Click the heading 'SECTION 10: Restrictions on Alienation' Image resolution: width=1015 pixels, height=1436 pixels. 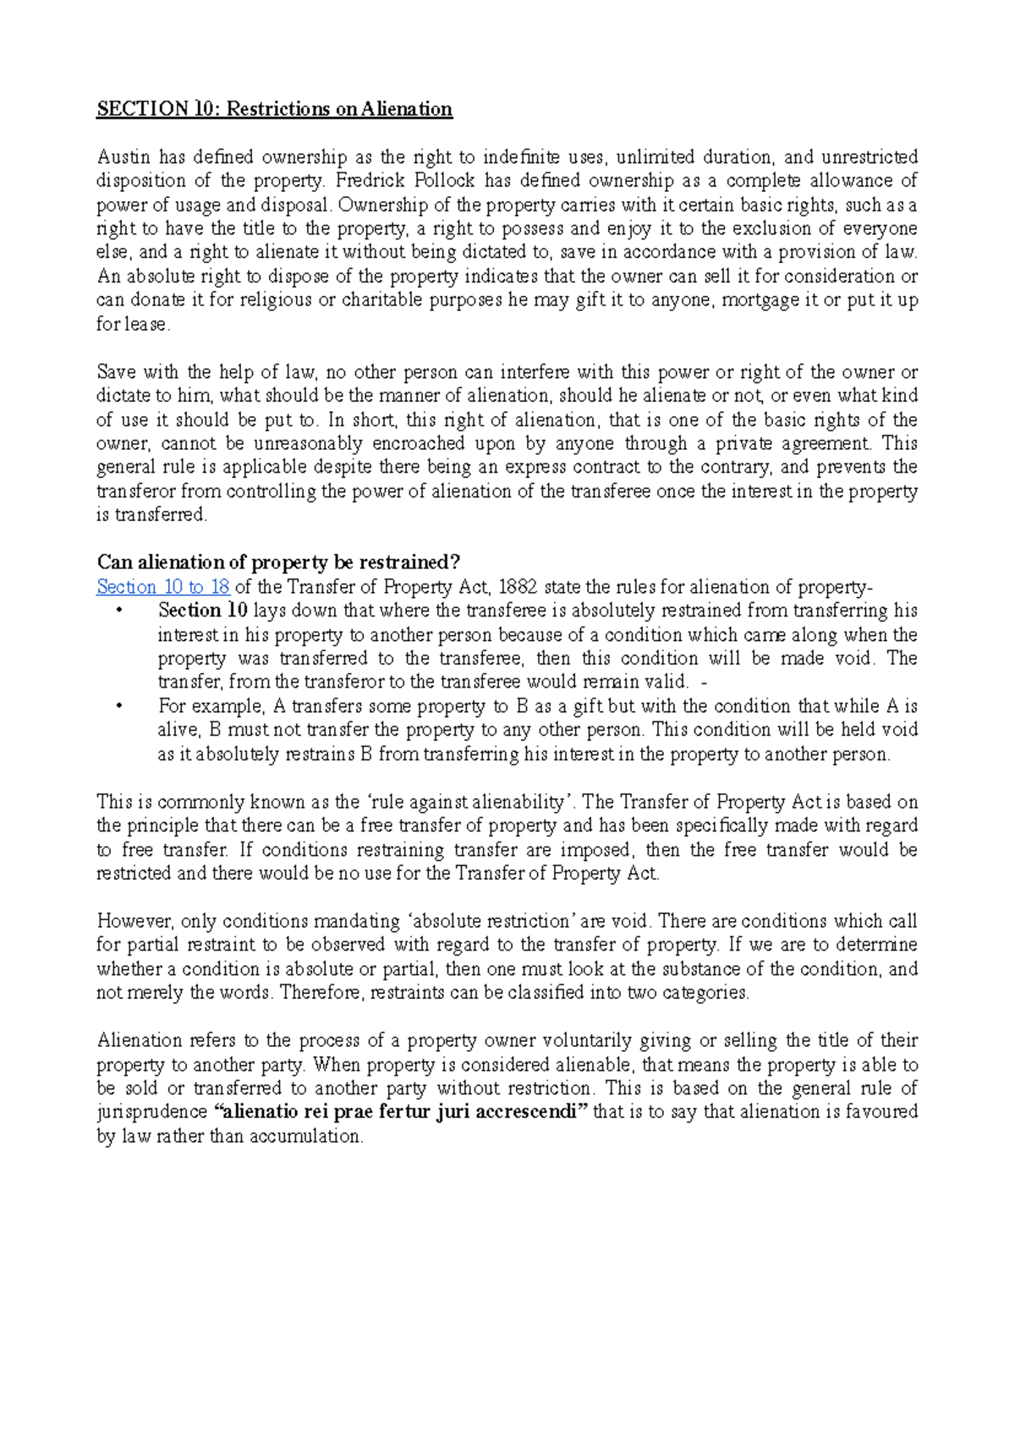coord(274,109)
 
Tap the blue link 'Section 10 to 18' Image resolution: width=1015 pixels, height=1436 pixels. coord(163,587)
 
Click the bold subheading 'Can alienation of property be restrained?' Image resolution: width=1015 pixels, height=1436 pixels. coord(278,562)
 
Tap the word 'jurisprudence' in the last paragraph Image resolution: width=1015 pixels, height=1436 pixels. coord(151,1112)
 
